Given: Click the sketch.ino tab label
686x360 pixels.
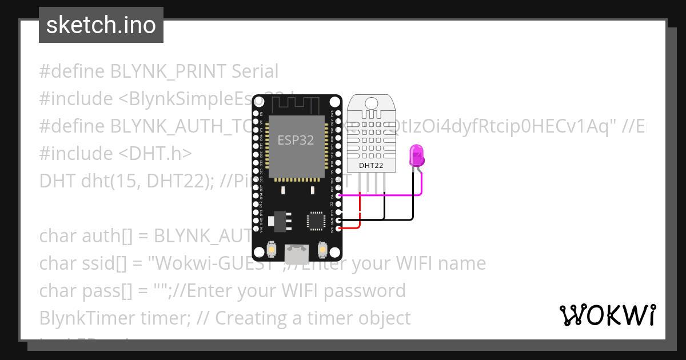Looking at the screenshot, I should (x=101, y=25).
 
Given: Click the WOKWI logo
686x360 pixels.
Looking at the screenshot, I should (x=607, y=315).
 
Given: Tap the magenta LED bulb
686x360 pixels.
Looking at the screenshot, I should (x=416, y=155).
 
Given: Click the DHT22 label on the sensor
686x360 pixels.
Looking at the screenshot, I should (x=370, y=166).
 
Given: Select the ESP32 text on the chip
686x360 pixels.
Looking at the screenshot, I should (x=296, y=140).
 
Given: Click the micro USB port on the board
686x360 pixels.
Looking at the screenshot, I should (x=297, y=251).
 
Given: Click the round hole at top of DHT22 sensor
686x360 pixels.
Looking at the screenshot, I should (x=371, y=103).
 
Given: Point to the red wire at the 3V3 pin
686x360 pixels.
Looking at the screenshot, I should (x=350, y=228).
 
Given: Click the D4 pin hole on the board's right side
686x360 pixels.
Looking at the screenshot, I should (x=339, y=195).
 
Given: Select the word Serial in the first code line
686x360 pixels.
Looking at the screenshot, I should (x=255, y=71).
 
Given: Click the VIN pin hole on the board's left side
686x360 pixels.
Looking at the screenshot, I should (x=256, y=229).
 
